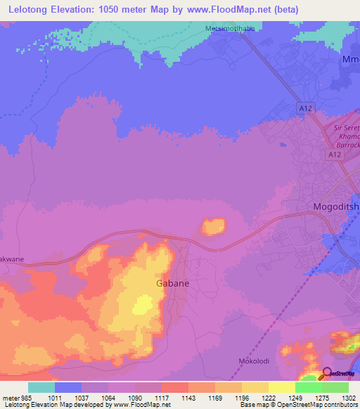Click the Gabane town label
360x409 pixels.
172,283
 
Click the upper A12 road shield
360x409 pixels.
304,108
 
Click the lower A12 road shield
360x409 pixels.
334,152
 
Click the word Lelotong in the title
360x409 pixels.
32,10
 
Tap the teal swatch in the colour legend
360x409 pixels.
41,387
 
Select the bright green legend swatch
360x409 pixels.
308,387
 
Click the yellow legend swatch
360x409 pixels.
281,387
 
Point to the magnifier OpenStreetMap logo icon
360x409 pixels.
326,374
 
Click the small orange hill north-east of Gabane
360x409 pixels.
214,226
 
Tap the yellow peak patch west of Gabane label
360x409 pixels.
143,304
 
